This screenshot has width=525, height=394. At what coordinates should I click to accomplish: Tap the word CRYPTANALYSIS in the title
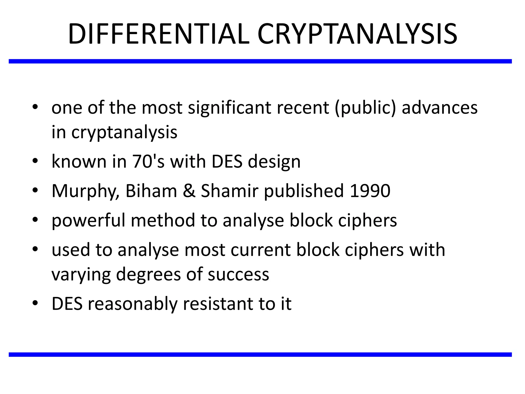point(357,34)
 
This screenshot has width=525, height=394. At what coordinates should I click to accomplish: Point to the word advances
point(439,108)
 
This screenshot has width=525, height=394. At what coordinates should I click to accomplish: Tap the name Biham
point(151,191)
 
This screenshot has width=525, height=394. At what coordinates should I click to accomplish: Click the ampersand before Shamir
point(189,191)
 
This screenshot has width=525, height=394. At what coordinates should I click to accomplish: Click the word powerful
point(88,221)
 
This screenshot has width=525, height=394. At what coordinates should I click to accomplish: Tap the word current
point(260,250)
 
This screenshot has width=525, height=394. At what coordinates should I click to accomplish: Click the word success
point(238,274)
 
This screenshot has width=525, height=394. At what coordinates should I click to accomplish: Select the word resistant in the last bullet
point(218,304)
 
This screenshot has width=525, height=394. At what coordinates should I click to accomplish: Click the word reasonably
point(133,304)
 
